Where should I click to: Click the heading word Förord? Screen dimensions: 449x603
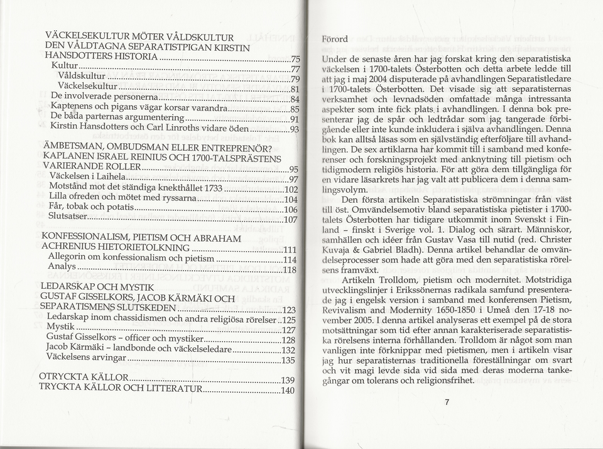(335, 39)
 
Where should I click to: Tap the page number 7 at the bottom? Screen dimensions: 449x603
(447, 403)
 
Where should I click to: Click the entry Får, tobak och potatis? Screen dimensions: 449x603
(90, 208)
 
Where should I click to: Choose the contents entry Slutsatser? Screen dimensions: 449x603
(68, 219)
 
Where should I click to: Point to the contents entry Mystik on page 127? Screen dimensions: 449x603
(60, 329)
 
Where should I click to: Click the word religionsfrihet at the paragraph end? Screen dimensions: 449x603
(441, 381)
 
